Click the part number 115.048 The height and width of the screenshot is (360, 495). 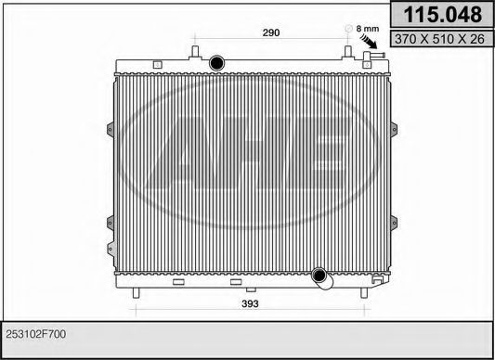[443, 15]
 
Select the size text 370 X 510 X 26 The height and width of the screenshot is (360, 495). [439, 39]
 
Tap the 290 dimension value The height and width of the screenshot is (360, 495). [271, 32]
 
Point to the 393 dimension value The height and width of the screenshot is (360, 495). [250, 303]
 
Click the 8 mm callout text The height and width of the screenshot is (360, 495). [368, 29]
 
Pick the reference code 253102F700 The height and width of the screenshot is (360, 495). [36, 334]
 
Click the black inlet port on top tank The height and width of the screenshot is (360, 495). [217, 63]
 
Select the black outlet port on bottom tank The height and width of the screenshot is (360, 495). [319, 276]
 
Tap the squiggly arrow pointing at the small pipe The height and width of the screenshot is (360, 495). [369, 42]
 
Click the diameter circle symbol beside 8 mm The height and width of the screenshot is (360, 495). [348, 29]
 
